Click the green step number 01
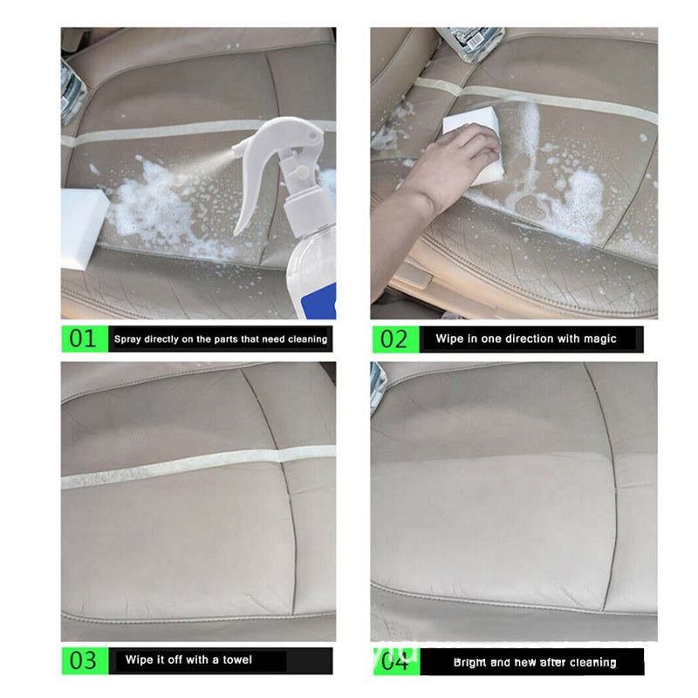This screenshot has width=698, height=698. (x=83, y=339)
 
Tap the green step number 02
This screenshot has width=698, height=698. (x=393, y=339)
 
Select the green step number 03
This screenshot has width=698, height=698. (x=83, y=660)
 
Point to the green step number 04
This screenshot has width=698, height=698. (x=394, y=661)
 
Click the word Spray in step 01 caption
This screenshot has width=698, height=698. (x=127, y=339)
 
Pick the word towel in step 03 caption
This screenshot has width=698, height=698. (x=237, y=660)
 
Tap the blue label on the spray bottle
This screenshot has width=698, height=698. (x=319, y=301)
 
